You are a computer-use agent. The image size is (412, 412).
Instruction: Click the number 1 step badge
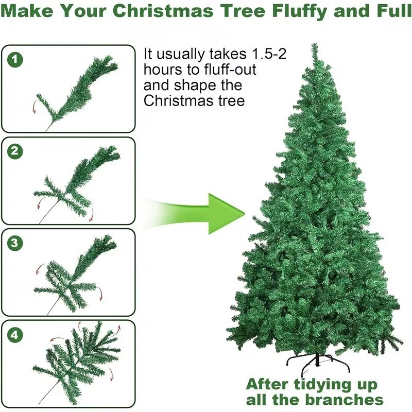pos(15,60)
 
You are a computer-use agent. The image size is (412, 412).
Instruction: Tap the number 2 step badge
pos(15,151)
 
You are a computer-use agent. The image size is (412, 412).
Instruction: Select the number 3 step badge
pos(15,243)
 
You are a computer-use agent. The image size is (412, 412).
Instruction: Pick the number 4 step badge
pos(15,335)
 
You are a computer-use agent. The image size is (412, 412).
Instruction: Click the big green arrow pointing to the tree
pos(195,214)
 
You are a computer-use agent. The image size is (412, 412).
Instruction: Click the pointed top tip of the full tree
pos(315,44)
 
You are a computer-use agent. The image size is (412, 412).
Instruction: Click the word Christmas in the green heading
pos(163,11)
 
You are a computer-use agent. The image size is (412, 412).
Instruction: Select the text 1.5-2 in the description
pos(269,54)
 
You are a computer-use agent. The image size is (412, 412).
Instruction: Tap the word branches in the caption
pos(344,400)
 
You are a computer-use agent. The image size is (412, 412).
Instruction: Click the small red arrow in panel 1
pos(34,107)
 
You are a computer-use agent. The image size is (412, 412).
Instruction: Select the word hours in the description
pos(163,70)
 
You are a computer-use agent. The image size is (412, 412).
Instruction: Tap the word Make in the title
pos(27,11)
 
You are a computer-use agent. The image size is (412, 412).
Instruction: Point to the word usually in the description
pos(181,55)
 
